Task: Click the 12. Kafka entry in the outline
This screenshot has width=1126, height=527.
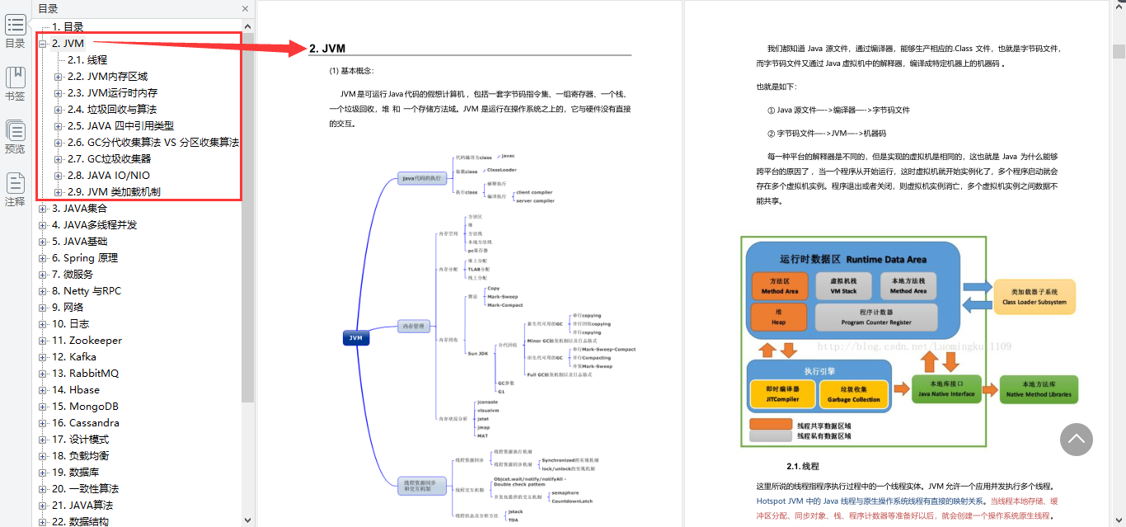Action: pos(73,357)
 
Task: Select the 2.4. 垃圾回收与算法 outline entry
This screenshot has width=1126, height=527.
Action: pos(111,110)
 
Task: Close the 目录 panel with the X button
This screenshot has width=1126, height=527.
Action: pos(245,9)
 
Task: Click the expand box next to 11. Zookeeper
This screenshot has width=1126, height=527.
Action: pos(43,341)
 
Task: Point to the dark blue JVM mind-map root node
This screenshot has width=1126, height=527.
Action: pos(356,337)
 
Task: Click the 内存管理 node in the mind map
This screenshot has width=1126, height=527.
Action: pos(414,326)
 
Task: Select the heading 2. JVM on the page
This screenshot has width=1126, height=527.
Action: pos(327,49)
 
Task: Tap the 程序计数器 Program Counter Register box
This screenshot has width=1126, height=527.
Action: pos(875,317)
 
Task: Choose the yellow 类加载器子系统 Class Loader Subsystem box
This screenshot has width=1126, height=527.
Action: pos(1034,297)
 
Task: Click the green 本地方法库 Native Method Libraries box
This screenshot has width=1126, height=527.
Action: pos(1038,389)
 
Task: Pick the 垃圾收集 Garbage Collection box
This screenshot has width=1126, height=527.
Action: pos(853,394)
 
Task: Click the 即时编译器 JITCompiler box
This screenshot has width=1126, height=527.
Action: pos(782,394)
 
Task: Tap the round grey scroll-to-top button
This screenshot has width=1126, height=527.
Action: pos(1076,440)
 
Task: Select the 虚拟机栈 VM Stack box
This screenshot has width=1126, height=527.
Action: pos(843,285)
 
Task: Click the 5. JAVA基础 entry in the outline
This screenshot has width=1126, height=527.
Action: pos(79,242)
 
